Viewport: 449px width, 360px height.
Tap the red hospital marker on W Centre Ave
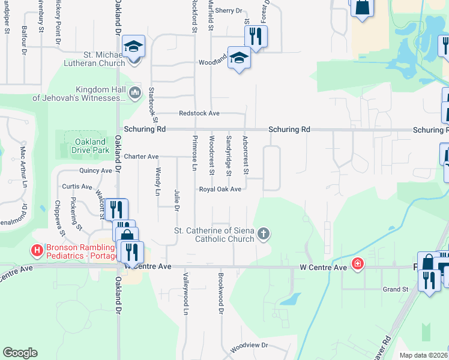pyautogui.click(x=358, y=263)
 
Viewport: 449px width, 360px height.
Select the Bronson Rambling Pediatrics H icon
pyautogui.click(x=38, y=249)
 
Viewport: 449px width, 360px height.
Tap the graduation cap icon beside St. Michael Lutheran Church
pyautogui.click(x=134, y=46)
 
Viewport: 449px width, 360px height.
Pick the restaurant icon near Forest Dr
pyautogui.click(x=256, y=36)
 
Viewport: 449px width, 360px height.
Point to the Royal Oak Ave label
pyautogui.click(x=220, y=189)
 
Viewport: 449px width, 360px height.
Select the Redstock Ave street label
pyautogui.click(x=199, y=113)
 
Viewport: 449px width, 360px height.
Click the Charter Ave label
pyautogui.click(x=142, y=157)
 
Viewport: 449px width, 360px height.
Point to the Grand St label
pyautogui.click(x=396, y=289)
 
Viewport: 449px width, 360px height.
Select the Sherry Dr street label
pyautogui.click(x=228, y=10)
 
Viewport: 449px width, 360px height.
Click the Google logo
pyautogui.click(x=20, y=353)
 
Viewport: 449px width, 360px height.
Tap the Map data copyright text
pyautogui.click(x=424, y=355)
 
